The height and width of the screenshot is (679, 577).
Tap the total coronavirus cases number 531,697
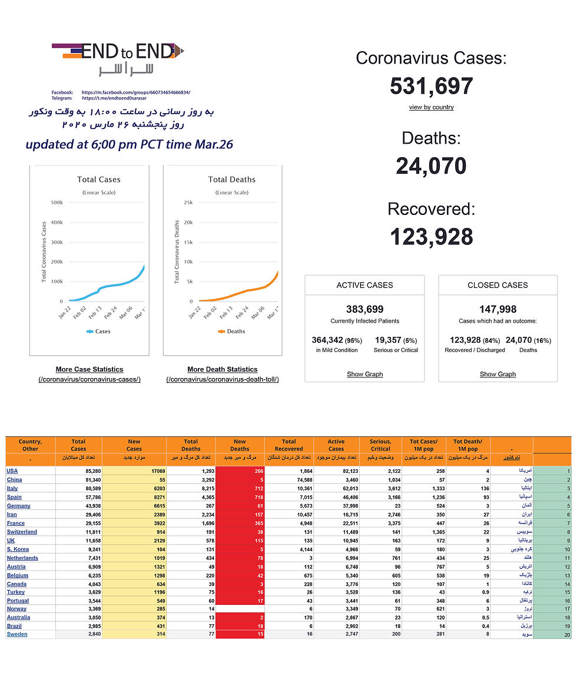[431, 86]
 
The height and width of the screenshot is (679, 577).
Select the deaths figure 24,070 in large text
[431, 165]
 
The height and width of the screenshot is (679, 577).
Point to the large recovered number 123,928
[431, 236]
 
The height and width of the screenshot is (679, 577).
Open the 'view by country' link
[431, 107]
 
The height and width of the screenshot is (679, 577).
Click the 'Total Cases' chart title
[99, 180]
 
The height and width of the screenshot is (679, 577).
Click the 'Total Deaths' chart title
[232, 180]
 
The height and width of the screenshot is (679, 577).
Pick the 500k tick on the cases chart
[57, 203]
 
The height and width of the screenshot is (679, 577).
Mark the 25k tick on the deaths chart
[189, 203]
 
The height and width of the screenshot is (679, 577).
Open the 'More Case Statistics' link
[89, 369]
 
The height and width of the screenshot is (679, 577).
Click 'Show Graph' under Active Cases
[365, 374]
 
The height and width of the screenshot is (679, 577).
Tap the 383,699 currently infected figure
[365, 309]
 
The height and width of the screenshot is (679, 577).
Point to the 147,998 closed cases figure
[498, 309]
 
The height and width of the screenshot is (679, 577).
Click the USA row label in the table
[12, 471]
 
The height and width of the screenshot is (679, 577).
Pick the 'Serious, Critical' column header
[380, 445]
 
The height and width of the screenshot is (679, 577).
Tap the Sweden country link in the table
[17, 634]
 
